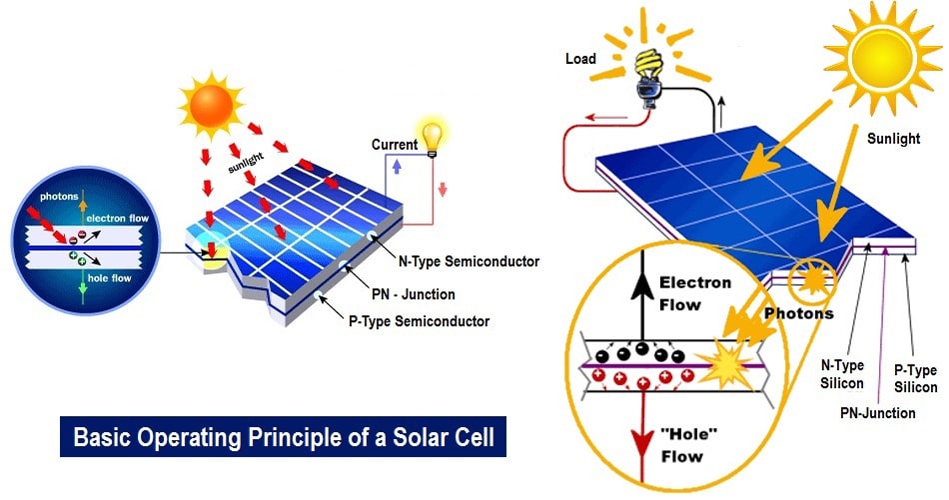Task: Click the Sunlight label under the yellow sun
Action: [x=893, y=139]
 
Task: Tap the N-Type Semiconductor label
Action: [x=471, y=262]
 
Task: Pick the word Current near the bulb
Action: [x=394, y=145]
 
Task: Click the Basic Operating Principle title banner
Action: [x=284, y=437]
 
